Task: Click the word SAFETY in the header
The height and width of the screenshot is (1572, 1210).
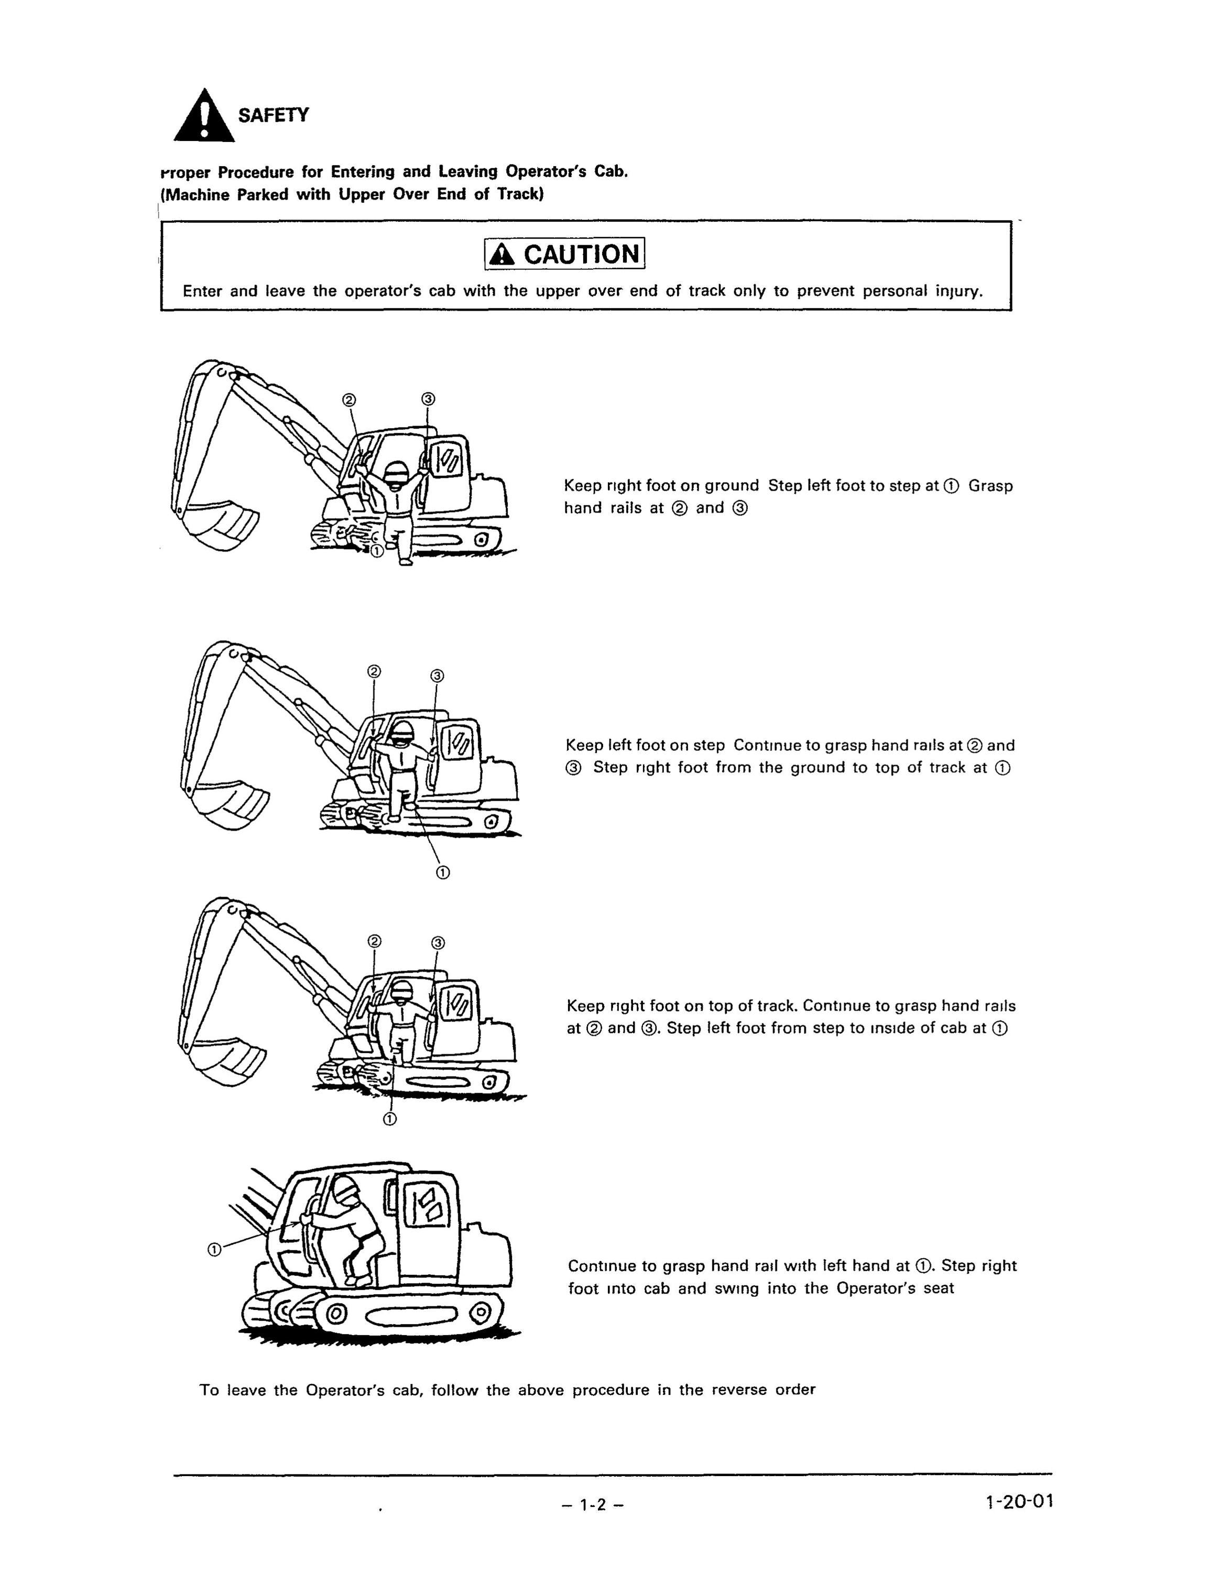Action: [274, 115]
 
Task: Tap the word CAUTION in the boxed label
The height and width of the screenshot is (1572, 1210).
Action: [581, 254]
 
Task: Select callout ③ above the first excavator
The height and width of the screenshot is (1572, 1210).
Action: [428, 399]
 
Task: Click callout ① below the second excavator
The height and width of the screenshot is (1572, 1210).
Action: [443, 872]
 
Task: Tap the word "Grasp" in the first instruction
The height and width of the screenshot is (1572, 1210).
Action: [990, 486]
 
